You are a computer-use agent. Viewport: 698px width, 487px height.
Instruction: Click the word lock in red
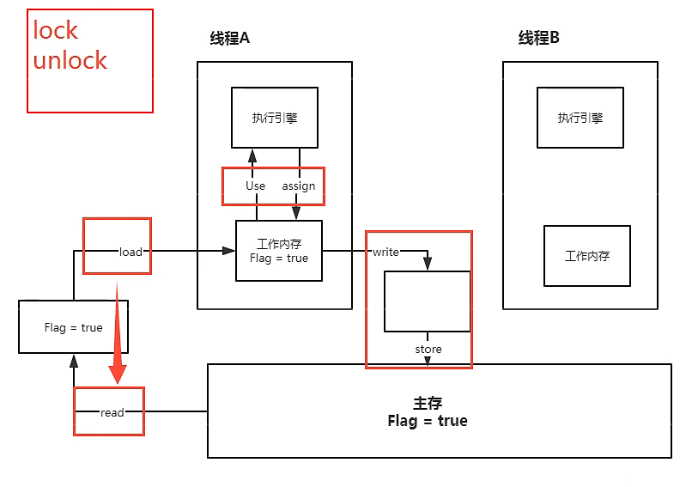point(56,30)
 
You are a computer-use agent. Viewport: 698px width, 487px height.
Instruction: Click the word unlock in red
point(70,60)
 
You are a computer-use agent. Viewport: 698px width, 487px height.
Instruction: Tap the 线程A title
point(229,39)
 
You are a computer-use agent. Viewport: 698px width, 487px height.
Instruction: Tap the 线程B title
point(538,39)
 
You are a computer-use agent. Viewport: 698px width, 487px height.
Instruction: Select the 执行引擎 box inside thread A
point(275,118)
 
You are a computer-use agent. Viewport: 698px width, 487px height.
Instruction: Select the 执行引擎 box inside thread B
point(580,118)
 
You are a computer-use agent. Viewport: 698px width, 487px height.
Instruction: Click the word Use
point(255,186)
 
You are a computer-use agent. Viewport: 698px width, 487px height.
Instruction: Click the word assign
point(299,186)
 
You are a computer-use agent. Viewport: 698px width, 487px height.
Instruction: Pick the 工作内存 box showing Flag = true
point(279,250)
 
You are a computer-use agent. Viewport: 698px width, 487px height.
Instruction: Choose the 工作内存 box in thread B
point(587,256)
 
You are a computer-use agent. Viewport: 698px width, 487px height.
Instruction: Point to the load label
point(130,252)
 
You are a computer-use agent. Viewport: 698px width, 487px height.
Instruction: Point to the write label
point(385,252)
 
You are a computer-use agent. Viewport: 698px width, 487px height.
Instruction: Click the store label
point(428,349)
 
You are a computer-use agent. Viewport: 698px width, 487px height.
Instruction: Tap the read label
point(112,412)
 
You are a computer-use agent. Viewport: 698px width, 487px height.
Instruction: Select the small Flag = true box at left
point(73,327)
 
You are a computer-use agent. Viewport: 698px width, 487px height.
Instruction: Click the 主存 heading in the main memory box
point(428,404)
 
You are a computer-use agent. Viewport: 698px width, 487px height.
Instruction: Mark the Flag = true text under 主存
point(428,421)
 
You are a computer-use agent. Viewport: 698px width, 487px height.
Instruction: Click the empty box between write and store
point(427,301)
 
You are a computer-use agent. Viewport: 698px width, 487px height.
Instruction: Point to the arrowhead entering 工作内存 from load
point(228,251)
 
